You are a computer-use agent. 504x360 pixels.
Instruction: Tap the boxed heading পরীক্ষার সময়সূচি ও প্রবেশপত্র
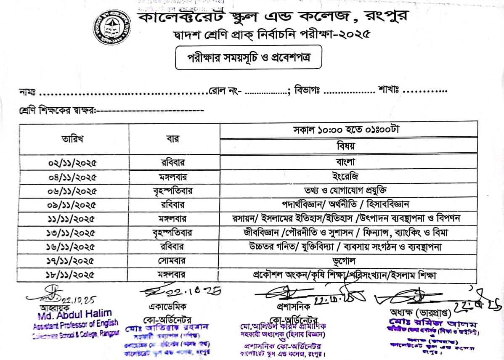point(249,58)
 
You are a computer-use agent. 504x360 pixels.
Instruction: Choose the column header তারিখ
point(72,139)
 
